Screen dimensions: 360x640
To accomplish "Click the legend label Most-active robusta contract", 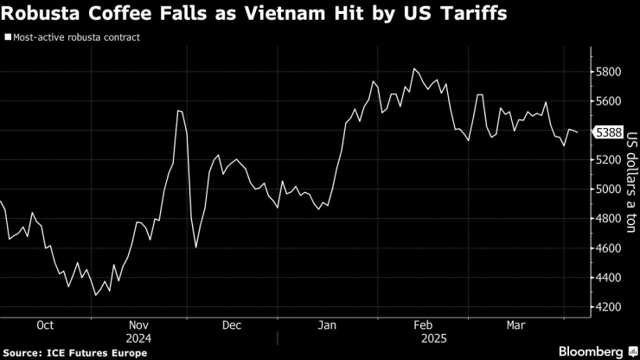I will coord(75,38).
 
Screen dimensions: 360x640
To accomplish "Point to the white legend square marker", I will coord(7,38).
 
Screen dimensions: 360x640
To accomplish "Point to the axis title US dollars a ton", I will coord(631,183).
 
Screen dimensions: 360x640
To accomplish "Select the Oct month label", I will coord(46,325).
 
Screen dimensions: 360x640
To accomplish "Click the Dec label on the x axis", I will coord(231,325).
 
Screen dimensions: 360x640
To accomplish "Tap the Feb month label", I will coord(423,325).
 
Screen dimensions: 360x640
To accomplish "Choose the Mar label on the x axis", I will coord(516,325).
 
